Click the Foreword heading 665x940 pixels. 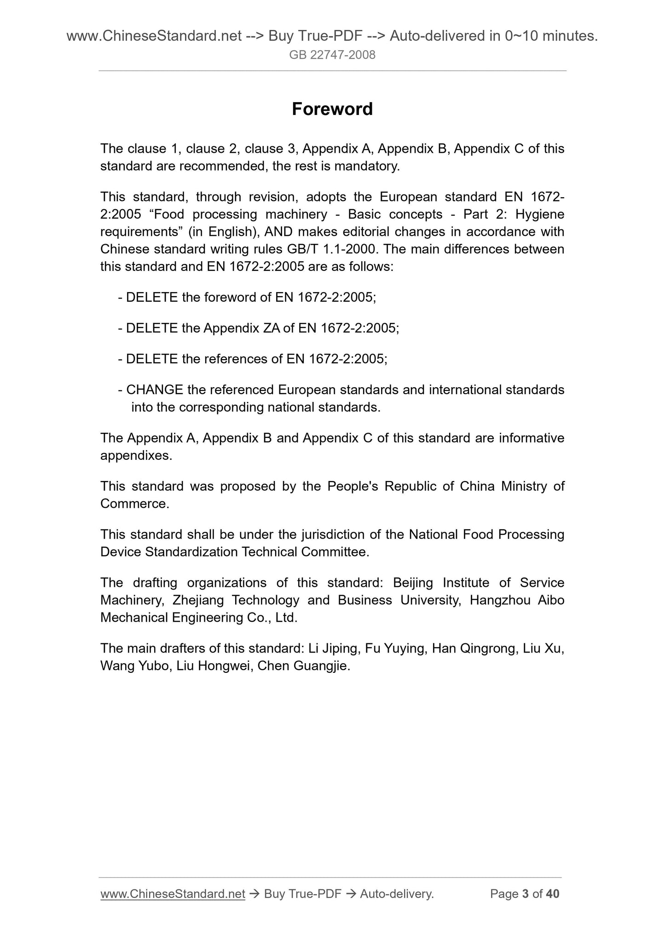[332, 109]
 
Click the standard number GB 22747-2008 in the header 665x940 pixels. [332, 55]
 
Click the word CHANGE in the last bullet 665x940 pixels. [155, 390]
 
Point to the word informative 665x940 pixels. [532, 438]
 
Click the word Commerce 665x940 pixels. [133, 504]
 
